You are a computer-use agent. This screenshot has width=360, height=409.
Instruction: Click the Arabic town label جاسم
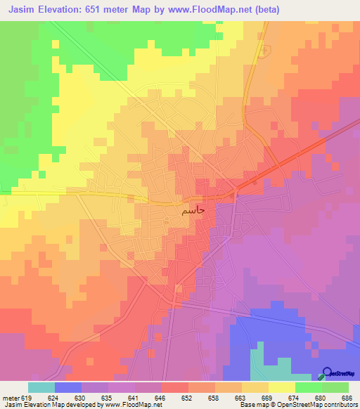tap(193, 210)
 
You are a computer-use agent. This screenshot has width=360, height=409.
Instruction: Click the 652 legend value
tap(188, 397)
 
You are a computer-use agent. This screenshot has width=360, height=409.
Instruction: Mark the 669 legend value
tap(269, 397)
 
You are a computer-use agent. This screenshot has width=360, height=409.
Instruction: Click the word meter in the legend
tap(10, 397)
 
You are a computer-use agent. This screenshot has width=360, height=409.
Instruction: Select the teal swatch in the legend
tap(41, 387)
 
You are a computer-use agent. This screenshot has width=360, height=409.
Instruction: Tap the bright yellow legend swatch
tap(282, 387)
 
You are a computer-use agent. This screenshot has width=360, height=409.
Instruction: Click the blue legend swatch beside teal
tap(68, 387)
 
